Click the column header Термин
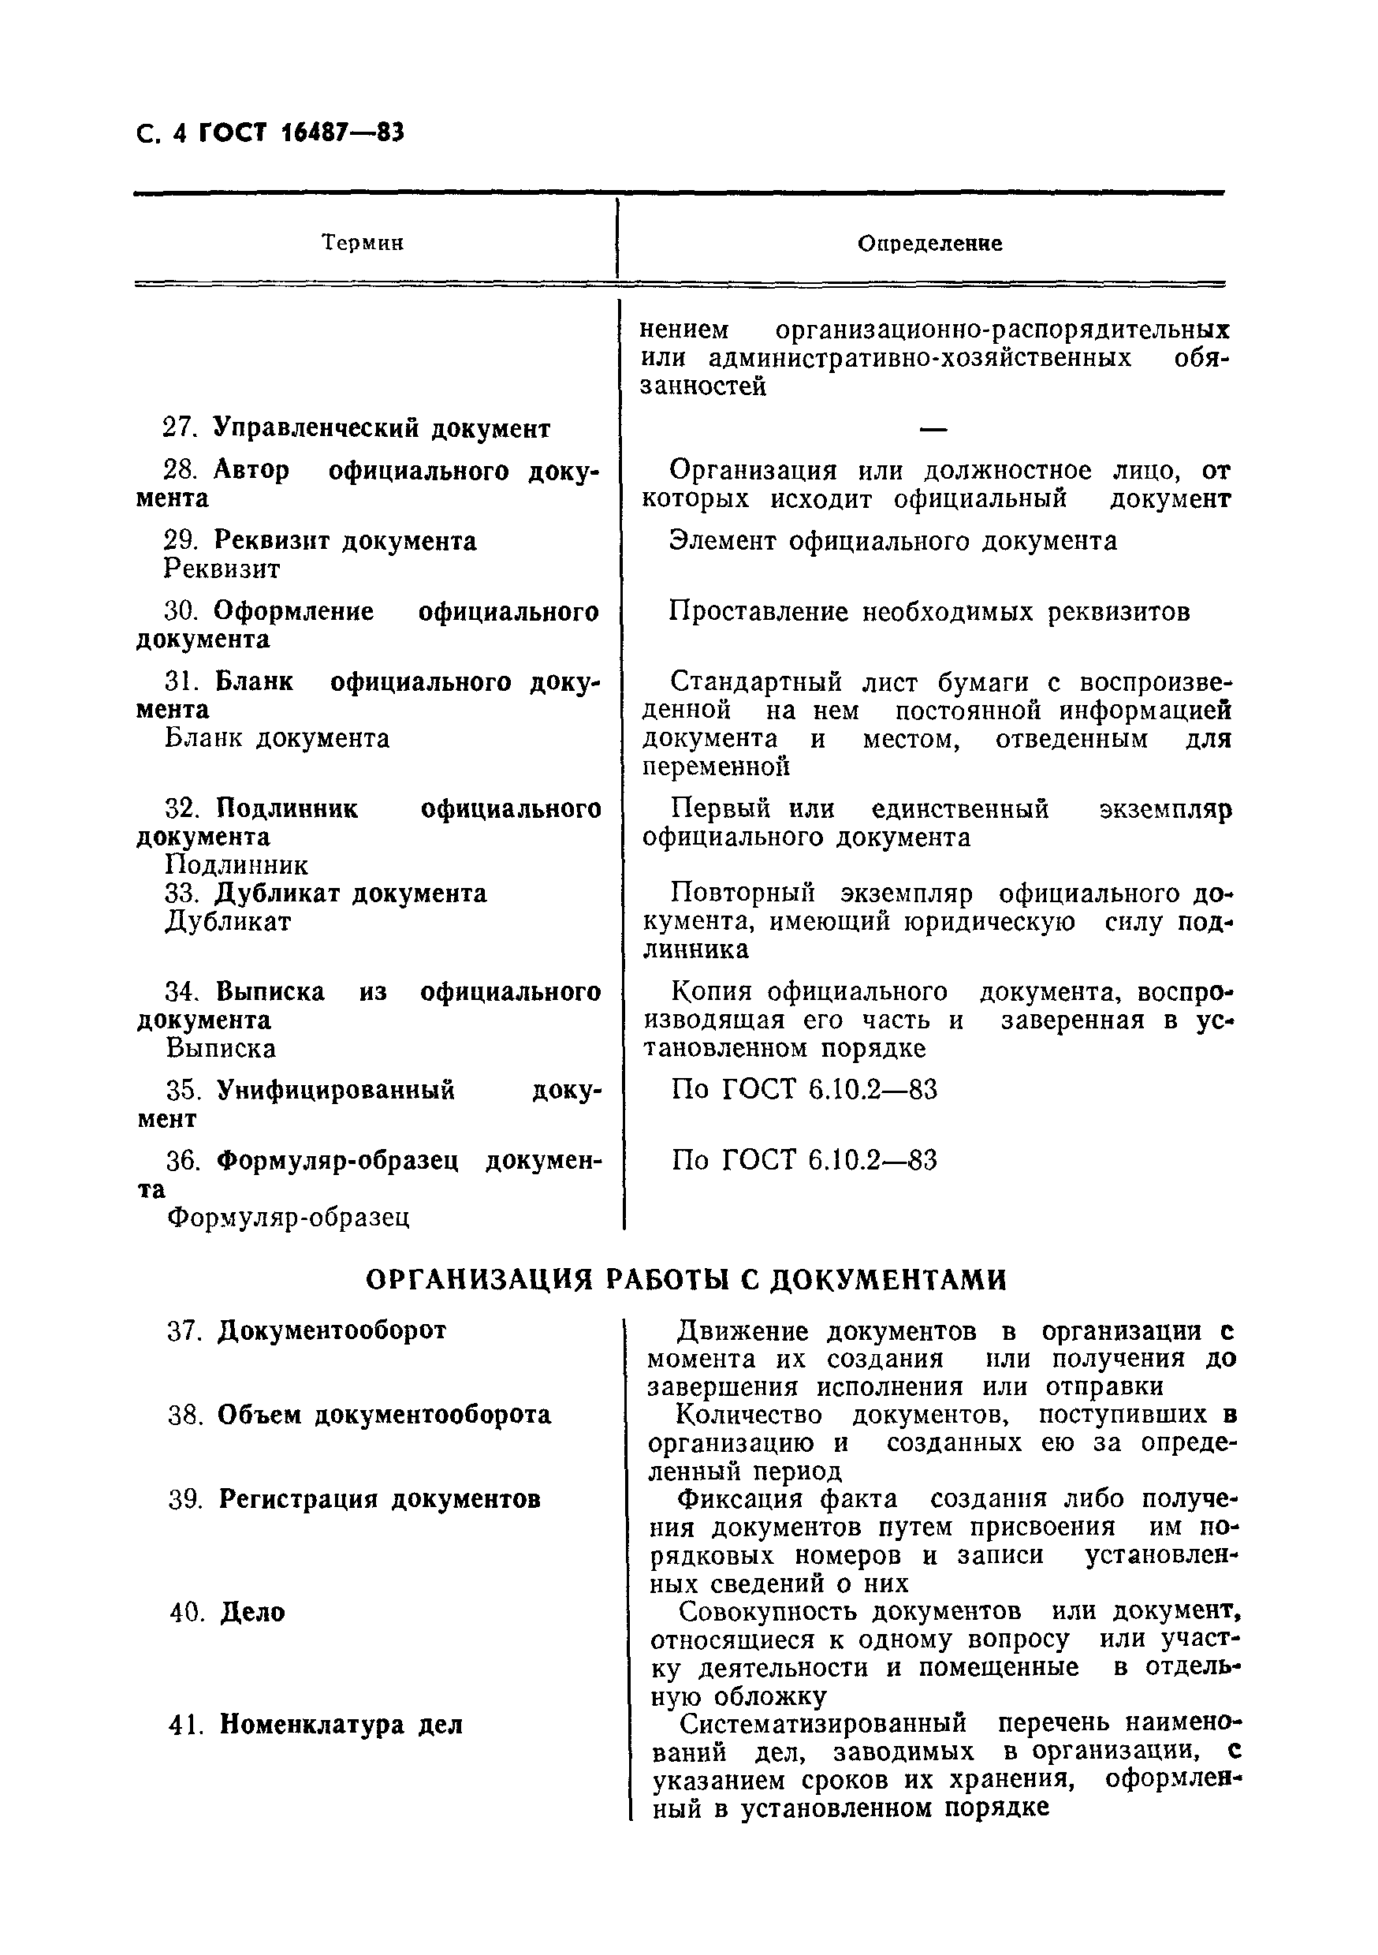[363, 244]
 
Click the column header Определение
[929, 244]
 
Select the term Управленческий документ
[382, 428]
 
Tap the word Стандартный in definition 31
[756, 682]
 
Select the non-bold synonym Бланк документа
[277, 738]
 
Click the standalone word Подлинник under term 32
[236, 866]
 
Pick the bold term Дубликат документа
[351, 894]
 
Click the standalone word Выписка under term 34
[222, 1049]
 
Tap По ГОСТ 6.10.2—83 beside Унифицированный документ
[803, 1091]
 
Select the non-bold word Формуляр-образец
[289, 1218]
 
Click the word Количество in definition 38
[750, 1415]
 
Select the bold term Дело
[253, 1613]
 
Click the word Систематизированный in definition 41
[823, 1724]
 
